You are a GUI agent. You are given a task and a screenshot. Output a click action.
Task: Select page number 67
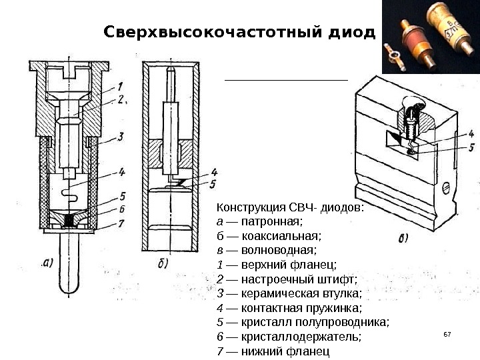pyautogui.click(x=447, y=331)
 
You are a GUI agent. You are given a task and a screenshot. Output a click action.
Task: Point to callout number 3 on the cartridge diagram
pyautogui.click(x=120, y=137)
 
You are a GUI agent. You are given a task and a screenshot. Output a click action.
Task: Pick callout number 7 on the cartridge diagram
pyautogui.click(x=120, y=223)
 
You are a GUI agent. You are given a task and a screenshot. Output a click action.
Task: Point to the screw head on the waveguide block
pyautogui.click(x=445, y=189)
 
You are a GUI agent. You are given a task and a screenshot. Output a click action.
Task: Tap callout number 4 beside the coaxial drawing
pyautogui.click(x=214, y=171)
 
